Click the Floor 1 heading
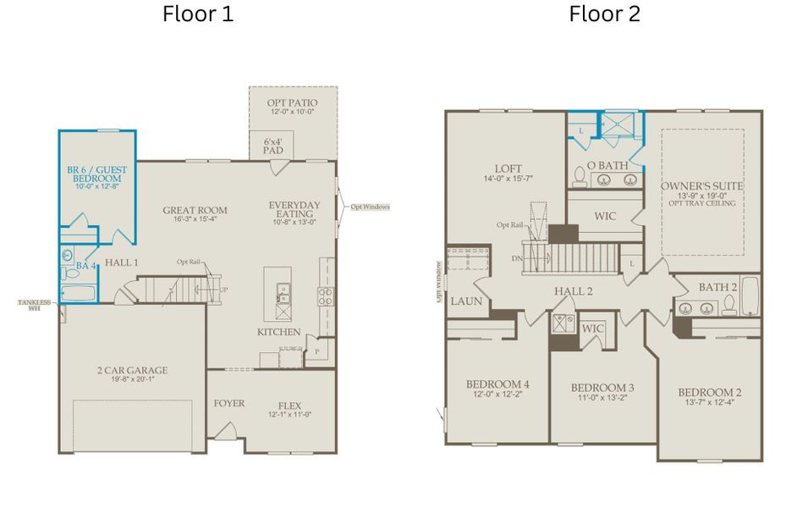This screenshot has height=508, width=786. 198,14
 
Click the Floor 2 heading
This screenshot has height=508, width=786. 604,14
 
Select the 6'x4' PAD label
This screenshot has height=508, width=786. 272,146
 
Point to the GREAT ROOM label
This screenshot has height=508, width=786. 195,210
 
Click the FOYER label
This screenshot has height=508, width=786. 228,403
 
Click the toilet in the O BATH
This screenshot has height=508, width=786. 580,175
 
